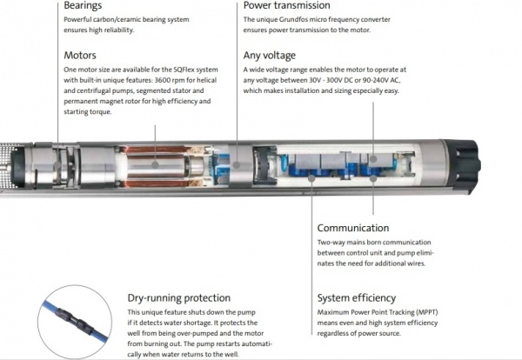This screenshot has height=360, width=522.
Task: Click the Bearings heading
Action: pos(83,6)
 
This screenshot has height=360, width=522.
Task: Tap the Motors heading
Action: pos(80,56)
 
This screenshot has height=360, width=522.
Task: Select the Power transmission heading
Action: pos(286,5)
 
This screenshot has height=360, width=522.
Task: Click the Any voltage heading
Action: pos(270,56)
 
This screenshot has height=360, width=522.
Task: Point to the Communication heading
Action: pos(353,228)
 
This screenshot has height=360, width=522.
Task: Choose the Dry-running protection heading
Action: pos(178,298)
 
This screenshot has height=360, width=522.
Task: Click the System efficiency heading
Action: pos(356,298)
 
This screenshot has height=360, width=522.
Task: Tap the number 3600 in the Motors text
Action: pos(163,80)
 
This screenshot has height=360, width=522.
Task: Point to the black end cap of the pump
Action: pos(463,164)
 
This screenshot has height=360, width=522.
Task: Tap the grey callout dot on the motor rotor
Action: pos(155,164)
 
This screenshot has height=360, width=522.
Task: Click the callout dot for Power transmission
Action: pos(237,164)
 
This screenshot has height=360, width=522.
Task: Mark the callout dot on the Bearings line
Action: pos(57,164)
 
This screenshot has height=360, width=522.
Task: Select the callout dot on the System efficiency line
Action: pos(311,178)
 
